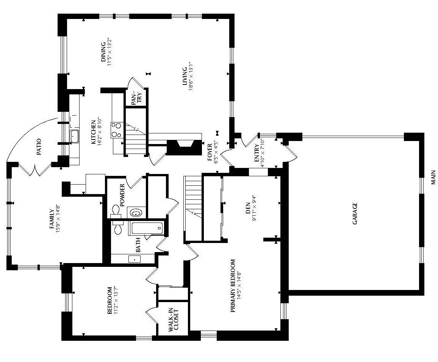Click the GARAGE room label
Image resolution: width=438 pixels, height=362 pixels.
pos(355,213)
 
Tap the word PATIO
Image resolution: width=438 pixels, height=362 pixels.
pos(39,147)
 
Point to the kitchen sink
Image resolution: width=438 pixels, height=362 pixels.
pos(75,137)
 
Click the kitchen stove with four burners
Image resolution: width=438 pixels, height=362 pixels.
pos(117,130)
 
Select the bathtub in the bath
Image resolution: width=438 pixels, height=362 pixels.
pos(146,229)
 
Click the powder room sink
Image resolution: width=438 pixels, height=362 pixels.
pos(136,212)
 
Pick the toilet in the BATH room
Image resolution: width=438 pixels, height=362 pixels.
pos(117,227)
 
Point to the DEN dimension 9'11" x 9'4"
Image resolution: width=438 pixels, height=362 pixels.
pos(254,208)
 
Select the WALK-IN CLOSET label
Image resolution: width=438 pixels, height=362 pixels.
pos(174,320)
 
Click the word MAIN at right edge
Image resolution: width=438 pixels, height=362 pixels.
pos(433,177)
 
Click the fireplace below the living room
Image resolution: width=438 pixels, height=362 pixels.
pos(185,147)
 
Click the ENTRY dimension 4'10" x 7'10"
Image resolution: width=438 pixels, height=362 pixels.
pos(263,153)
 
